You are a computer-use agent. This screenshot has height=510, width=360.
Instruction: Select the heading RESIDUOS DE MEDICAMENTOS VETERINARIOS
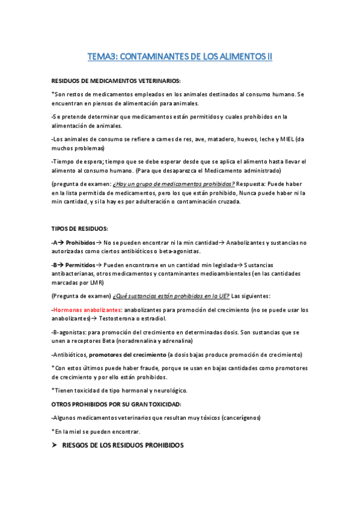pos(116,80)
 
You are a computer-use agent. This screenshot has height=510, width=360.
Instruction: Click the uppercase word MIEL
pos(286,140)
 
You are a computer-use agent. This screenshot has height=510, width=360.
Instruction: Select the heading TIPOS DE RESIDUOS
pos(80,229)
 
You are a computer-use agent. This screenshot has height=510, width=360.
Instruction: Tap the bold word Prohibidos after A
pos(80,242)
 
